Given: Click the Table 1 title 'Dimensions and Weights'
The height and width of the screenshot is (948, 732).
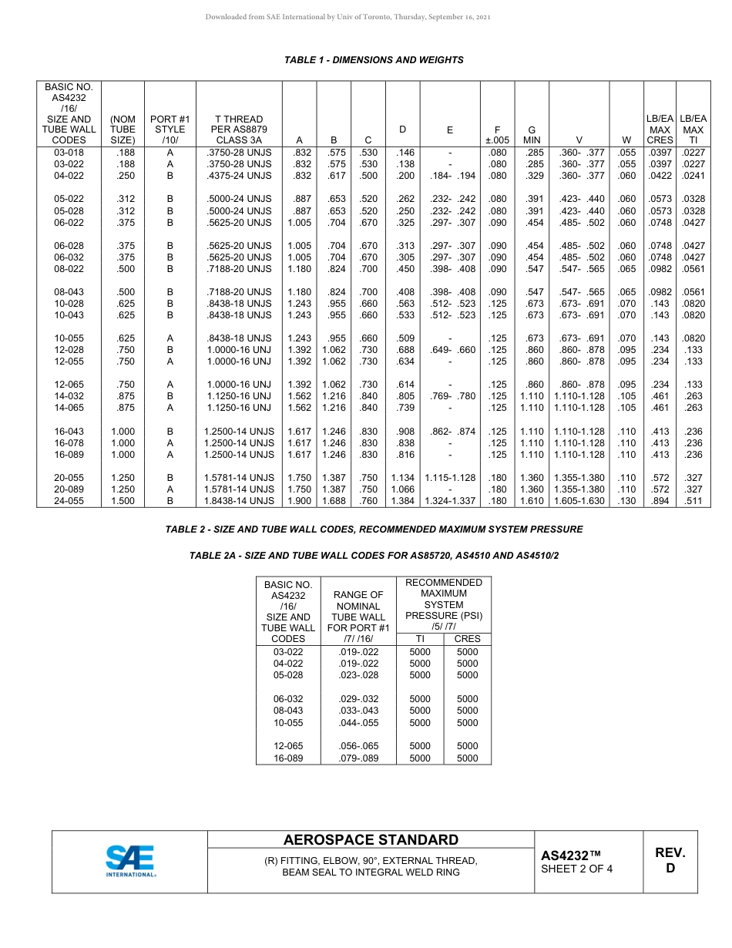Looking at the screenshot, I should (x=374, y=60).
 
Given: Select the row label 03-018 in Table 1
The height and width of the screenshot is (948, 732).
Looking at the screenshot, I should (x=69, y=153).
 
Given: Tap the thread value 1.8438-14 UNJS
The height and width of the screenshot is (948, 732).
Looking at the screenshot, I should (x=239, y=501).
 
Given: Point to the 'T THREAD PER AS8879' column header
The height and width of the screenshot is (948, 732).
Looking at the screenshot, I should (x=239, y=129).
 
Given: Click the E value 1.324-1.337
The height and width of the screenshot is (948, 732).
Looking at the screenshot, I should (x=450, y=501).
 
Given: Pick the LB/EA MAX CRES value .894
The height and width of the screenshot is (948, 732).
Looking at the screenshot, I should (x=660, y=501).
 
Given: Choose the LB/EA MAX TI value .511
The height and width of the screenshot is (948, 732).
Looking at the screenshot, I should (x=693, y=501).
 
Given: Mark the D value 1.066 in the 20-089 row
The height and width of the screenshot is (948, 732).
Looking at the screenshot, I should (x=402, y=489).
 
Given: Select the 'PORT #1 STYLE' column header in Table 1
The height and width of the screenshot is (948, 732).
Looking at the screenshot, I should (x=170, y=129).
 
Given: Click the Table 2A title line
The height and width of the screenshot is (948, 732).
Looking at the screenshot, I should (x=374, y=556).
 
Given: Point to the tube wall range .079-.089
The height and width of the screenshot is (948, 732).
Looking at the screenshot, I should (x=358, y=758).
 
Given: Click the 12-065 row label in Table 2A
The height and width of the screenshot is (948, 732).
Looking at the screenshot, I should (x=288, y=746).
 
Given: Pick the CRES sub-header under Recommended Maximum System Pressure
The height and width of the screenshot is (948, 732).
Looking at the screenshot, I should (x=467, y=639).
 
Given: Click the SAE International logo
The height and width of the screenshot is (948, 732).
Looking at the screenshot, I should (x=130, y=861).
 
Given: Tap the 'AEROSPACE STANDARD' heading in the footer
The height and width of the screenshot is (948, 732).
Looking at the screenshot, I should (x=371, y=840).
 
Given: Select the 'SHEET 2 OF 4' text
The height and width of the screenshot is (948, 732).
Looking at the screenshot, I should (x=577, y=869).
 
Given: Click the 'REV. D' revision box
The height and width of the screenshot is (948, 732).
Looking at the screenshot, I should (x=670, y=860).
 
